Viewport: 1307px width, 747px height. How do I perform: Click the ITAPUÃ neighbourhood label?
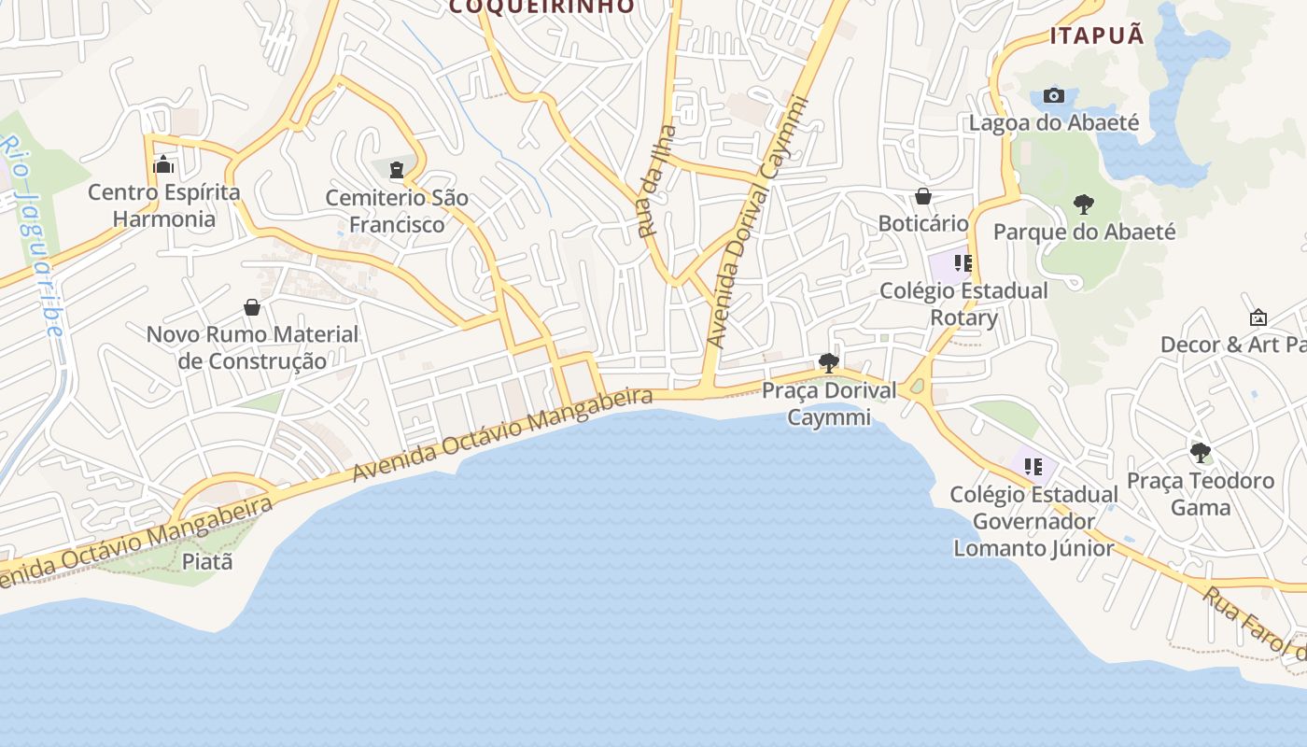click(x=1097, y=36)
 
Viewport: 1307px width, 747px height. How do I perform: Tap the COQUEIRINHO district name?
click(x=541, y=7)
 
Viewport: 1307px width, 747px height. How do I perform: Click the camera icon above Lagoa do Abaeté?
click(x=1054, y=95)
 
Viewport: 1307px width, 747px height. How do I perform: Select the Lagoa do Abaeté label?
click(x=1054, y=122)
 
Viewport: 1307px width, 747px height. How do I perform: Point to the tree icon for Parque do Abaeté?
click(x=1084, y=204)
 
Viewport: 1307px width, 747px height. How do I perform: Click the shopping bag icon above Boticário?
click(x=923, y=196)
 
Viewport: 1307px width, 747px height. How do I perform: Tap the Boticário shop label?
click(x=923, y=223)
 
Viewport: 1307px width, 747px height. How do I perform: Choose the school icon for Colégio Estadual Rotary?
click(x=963, y=263)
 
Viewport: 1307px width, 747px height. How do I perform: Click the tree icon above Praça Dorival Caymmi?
click(x=828, y=362)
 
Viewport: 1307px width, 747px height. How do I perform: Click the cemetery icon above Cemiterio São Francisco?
click(x=397, y=170)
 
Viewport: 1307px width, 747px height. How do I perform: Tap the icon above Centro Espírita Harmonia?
click(x=164, y=165)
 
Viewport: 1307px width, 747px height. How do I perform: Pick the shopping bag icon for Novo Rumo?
click(x=252, y=307)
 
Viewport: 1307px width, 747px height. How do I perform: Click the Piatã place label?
click(x=207, y=562)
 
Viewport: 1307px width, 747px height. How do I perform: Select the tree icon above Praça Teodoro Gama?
click(x=1201, y=454)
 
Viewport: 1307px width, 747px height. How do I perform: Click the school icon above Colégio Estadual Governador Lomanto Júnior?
click(x=1033, y=466)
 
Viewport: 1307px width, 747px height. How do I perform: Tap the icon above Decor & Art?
click(x=1258, y=318)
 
